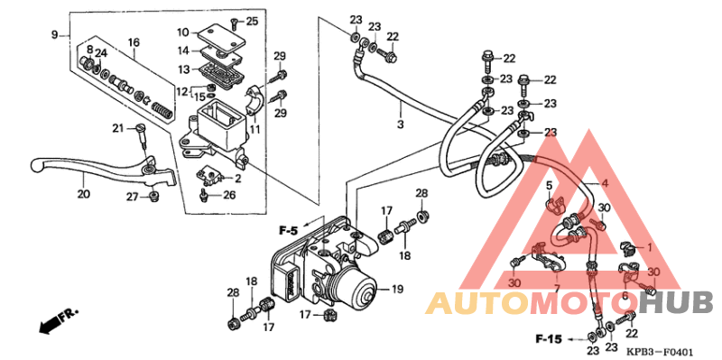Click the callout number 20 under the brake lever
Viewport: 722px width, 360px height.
[84, 193]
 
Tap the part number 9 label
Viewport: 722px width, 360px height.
[54, 34]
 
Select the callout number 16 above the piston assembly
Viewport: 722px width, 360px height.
[133, 42]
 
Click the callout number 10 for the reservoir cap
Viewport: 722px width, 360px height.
[182, 32]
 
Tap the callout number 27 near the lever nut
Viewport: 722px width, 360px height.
[132, 197]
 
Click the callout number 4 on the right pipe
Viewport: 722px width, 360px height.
[606, 184]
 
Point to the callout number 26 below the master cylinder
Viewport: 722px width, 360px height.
[229, 194]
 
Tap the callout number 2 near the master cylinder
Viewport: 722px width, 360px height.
[238, 179]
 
